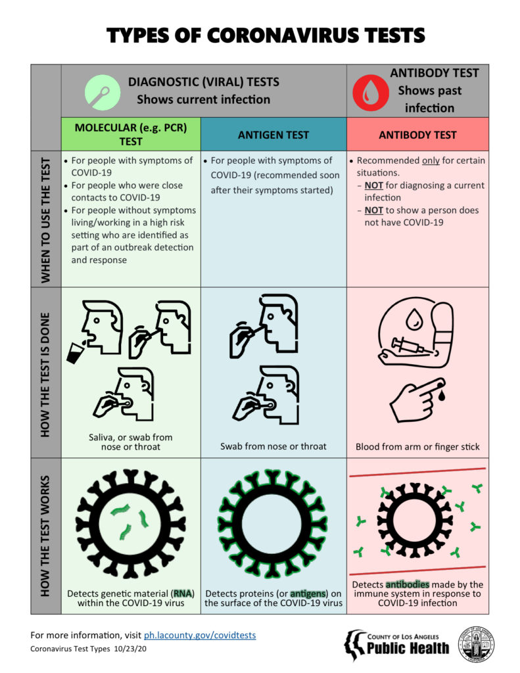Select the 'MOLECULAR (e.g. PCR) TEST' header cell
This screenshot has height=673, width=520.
[130, 134]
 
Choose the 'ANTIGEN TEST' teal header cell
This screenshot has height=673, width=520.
[273, 135]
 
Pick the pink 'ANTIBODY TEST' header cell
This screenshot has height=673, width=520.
[417, 135]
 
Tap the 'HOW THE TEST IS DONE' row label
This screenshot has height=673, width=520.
[46, 372]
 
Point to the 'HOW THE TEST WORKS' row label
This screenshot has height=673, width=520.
[46, 536]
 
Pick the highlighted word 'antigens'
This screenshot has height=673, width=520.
[307, 593]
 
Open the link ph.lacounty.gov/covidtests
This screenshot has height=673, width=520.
[200, 636]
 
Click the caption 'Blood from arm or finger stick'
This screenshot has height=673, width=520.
[417, 447]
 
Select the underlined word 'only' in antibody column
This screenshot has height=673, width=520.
[431, 160]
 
